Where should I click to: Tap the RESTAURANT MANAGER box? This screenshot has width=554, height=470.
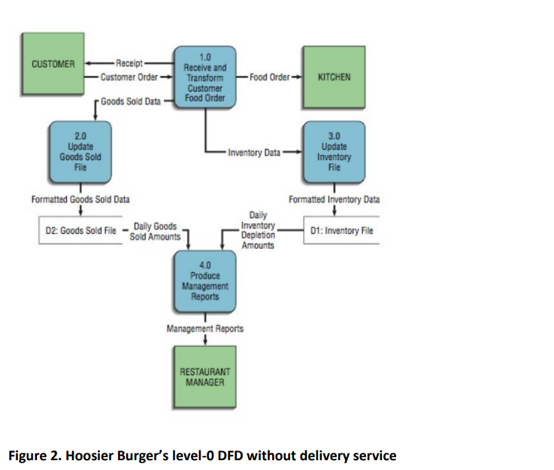coord(205,377)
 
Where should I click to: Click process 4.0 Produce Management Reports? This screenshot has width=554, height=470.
coord(205,280)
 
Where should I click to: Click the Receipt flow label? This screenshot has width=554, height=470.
coord(131,63)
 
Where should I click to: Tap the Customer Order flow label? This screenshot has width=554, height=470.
coord(128,77)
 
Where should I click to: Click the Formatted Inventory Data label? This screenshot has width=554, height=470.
coord(335,200)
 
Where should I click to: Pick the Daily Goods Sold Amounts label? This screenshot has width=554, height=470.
coord(155,231)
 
